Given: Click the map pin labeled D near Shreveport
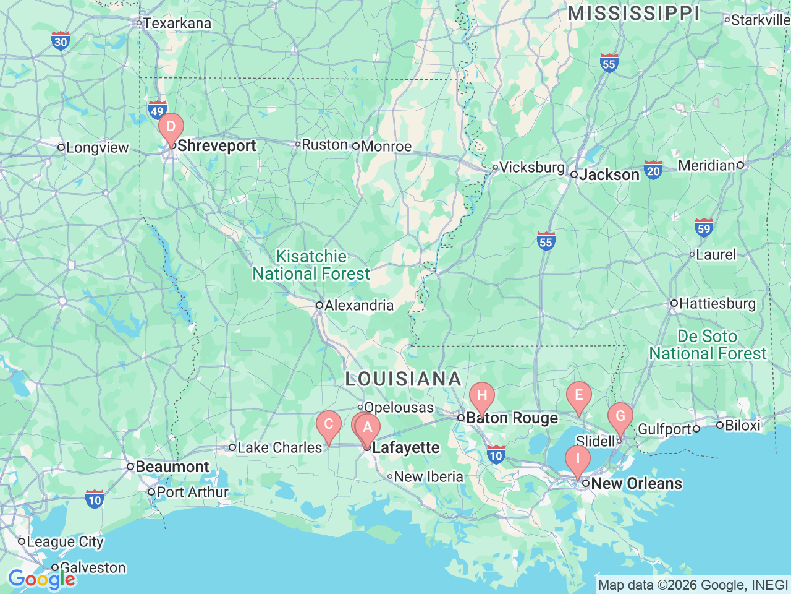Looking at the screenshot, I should pos(171,127).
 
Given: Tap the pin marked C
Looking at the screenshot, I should pos(329,425).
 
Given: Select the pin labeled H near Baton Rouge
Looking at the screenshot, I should pos(482,397).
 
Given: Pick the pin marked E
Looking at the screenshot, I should pos(579,396).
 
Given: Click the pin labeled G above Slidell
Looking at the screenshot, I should pos(620,417).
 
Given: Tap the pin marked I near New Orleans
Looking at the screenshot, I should pos(578,460).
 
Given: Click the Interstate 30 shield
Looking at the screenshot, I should pos(61,41).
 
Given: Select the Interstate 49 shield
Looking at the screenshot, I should pos(157,111).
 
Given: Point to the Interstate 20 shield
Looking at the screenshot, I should pos(653,170).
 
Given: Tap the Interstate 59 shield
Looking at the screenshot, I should pos(704,228).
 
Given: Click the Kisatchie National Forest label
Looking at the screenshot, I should pos(311,265).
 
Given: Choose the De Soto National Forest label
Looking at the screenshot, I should pos(708,345).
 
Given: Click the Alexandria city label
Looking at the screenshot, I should pos(358,305).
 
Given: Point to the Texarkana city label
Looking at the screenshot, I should pos(177,24).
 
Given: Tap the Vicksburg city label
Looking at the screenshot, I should pos(531,167).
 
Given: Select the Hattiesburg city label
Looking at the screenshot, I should pos(717,303).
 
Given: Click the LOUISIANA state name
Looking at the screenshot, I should pos(403,379).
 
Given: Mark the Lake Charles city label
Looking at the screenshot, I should pos(279,447).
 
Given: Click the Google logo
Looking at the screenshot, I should pos(41,579).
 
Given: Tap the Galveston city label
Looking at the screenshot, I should pos(92,567).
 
